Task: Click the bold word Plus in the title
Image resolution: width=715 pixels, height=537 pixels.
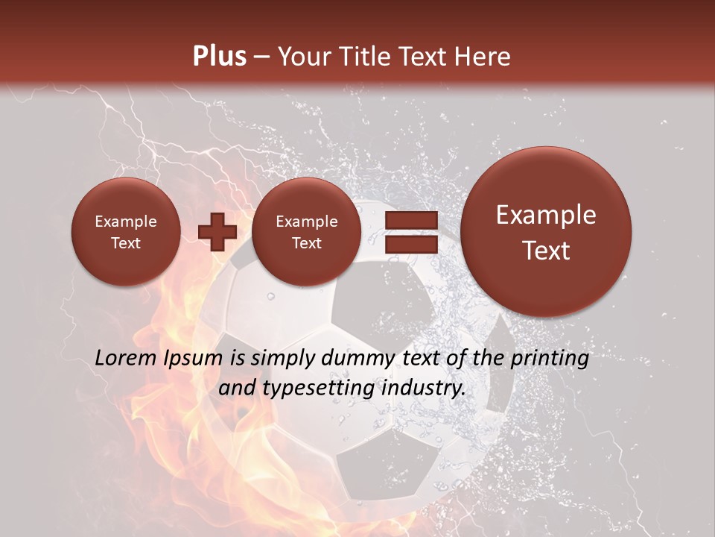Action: pos(219,57)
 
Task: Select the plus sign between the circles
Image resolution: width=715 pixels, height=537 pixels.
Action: pos(217,232)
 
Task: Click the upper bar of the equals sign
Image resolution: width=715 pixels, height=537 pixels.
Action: pos(411,220)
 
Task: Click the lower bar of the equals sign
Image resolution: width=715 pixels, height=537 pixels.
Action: pos(411,244)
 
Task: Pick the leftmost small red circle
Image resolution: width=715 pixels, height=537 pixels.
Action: pos(125,232)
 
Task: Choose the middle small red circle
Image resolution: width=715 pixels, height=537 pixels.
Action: pos(306,232)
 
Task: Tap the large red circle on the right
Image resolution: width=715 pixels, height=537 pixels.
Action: pos(546,232)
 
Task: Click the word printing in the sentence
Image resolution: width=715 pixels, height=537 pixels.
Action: pos(550,359)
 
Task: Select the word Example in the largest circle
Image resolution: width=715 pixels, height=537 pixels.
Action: pos(546,215)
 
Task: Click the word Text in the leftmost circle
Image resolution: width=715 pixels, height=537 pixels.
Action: pos(125,243)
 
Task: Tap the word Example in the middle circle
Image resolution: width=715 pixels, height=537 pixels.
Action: pos(306,222)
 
